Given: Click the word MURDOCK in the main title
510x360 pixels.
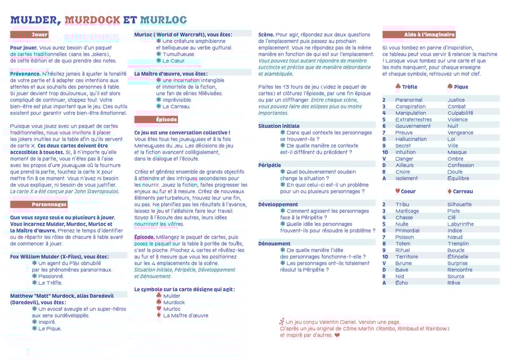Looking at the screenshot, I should (x=92, y=20).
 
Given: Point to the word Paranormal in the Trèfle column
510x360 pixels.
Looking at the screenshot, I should (x=409, y=100).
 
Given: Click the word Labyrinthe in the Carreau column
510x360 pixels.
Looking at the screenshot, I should (x=461, y=224).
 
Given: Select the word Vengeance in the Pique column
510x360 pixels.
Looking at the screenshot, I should (x=460, y=133).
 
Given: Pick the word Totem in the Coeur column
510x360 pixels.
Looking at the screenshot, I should (x=403, y=244).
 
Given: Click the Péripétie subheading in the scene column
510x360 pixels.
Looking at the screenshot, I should (x=270, y=165).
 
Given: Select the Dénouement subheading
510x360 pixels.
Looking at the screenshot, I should (x=274, y=244).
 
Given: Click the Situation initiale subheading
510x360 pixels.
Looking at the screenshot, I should (x=279, y=126).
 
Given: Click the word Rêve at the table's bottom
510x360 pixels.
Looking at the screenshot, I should (x=454, y=283).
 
